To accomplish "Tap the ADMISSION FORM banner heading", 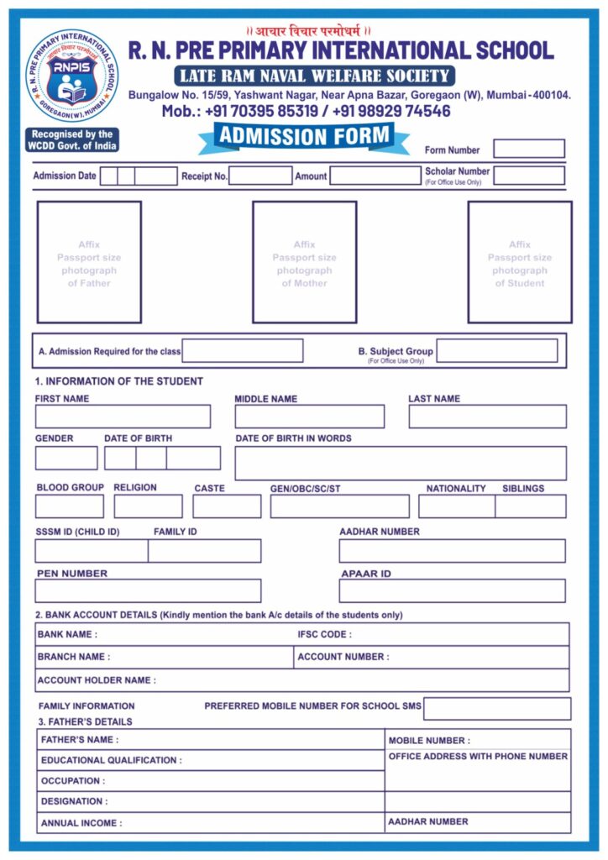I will [x=304, y=136].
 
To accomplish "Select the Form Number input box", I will [x=528, y=149].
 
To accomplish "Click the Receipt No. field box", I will [x=260, y=176].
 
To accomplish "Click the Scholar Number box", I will [x=528, y=176].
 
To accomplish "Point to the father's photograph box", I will [x=89, y=262].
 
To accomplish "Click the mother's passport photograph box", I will [x=304, y=262].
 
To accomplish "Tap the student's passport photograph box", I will [x=519, y=262].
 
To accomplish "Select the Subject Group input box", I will [x=496, y=351].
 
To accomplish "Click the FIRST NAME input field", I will [x=123, y=417].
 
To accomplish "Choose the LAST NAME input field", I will [x=487, y=417].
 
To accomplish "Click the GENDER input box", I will [x=66, y=458].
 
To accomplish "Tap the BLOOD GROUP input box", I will [x=70, y=506].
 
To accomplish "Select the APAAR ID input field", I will [x=452, y=590].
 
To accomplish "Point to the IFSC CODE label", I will [x=325, y=635].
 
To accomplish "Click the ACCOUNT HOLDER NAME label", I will [x=97, y=680].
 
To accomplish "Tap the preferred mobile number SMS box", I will [x=496, y=709].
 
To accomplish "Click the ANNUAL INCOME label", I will [x=81, y=823].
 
